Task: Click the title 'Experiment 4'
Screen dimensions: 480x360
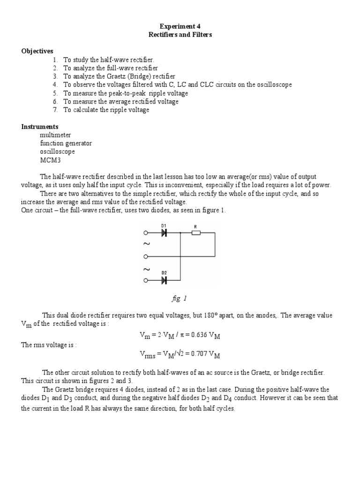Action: pyautogui.click(x=180, y=27)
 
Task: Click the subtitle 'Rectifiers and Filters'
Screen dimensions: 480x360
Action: pyautogui.click(x=180, y=35)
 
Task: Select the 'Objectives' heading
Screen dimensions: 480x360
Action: pyautogui.click(x=37, y=51)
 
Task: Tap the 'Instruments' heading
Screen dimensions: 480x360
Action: pyautogui.click(x=40, y=127)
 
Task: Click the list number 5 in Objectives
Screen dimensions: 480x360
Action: pyautogui.click(x=55, y=93)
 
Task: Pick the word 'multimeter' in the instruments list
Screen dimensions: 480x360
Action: pyautogui.click(x=56, y=135)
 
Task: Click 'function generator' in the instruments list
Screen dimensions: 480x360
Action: pyautogui.click(x=66, y=143)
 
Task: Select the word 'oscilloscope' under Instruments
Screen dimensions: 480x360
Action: pyautogui.click(x=57, y=152)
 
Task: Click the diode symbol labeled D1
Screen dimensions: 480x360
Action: pyautogui.click(x=164, y=233)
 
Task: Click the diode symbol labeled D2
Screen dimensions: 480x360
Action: pyautogui.click(x=164, y=280)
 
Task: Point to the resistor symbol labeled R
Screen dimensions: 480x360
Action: pyautogui.click(x=196, y=233)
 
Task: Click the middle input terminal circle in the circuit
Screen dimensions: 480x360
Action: pyautogui.click(x=146, y=256)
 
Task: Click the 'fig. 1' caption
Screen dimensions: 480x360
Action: pyautogui.click(x=180, y=298)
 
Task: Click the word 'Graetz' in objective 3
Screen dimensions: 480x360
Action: pyautogui.click(x=113, y=76)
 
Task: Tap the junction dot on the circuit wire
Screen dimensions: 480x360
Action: pyautogui.click(x=180, y=233)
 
